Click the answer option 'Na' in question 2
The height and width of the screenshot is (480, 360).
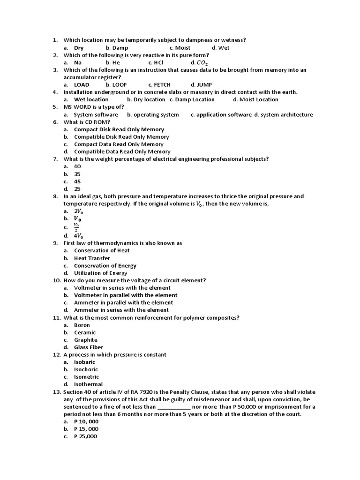tap(78, 62)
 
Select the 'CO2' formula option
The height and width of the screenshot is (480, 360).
tap(202, 63)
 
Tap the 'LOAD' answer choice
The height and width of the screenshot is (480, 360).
tap(82, 85)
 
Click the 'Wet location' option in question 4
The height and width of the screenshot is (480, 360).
tap(91, 99)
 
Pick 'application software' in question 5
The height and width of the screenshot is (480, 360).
tap(224, 114)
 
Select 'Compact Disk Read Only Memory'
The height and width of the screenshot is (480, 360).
tap(119, 129)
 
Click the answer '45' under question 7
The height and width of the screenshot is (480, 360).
tap(77, 181)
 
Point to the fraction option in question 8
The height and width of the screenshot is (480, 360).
tap(76, 227)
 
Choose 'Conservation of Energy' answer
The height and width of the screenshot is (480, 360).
tap(105, 266)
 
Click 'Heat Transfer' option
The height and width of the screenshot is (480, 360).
tap(92, 258)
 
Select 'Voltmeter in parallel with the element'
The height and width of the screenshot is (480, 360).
tap(126, 295)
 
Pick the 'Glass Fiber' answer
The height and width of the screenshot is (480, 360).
tap(89, 347)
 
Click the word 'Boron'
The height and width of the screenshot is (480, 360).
tap(82, 325)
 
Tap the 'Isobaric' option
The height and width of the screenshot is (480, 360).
tap(84, 362)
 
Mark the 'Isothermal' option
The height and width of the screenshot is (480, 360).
tap(88, 384)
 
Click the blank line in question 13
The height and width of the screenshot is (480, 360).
tap(174, 407)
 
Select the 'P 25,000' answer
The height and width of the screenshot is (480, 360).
tap(85, 436)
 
